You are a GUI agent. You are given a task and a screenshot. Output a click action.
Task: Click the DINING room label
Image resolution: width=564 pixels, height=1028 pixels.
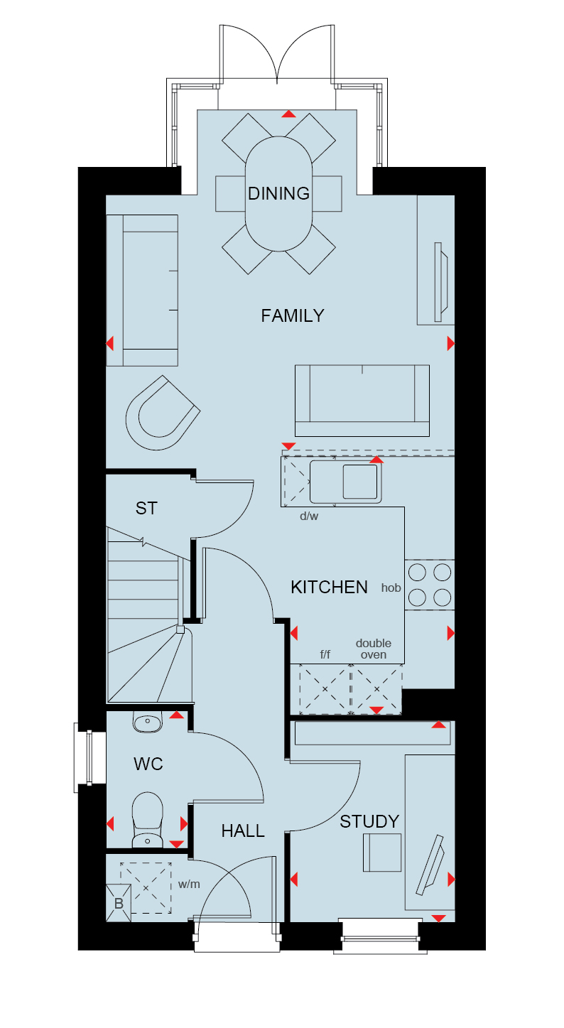coord(278,194)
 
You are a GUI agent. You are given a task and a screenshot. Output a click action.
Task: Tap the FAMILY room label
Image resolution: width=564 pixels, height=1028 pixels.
coord(293,315)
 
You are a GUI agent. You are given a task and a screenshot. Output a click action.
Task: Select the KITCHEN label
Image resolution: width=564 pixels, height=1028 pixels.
coord(329,588)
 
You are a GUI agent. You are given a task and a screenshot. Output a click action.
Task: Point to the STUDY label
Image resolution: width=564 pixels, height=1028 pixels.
coord(369,821)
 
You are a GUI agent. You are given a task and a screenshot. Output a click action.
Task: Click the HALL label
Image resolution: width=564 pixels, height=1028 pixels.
coord(243,830)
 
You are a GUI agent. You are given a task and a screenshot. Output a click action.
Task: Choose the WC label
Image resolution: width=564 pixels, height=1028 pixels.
coord(148,764)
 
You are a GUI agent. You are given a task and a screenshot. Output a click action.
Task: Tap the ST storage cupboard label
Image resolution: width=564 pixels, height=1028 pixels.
coord(146,509)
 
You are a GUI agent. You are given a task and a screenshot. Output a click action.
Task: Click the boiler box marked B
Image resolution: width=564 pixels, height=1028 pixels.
coord(119,904)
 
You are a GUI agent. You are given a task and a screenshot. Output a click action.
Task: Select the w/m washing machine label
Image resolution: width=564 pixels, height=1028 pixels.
coord(189,884)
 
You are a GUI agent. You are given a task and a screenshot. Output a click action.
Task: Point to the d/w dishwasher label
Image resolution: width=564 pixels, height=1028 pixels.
coord(309,516)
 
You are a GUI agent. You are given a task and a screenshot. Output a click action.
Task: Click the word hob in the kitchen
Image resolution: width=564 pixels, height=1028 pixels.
coord(391,588)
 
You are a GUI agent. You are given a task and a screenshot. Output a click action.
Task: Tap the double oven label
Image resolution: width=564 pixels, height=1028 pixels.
coord(374,649)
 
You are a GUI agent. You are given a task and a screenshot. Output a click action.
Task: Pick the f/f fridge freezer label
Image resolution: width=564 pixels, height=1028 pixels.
coord(325,654)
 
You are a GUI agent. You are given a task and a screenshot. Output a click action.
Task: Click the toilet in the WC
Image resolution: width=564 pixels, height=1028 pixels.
coord(147,820)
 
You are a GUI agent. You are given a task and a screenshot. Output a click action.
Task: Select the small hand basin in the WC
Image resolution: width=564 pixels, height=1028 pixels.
coord(147,722)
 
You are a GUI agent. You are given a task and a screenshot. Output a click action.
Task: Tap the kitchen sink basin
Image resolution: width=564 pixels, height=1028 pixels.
coord(360,482)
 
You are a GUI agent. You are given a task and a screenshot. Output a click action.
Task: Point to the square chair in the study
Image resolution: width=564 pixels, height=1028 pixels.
coord(382,853)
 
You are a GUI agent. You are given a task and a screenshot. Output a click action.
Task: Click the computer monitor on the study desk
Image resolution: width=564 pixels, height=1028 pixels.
coord(430,865)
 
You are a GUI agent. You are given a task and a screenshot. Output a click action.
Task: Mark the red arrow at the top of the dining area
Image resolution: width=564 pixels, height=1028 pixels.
coord(288,114)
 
